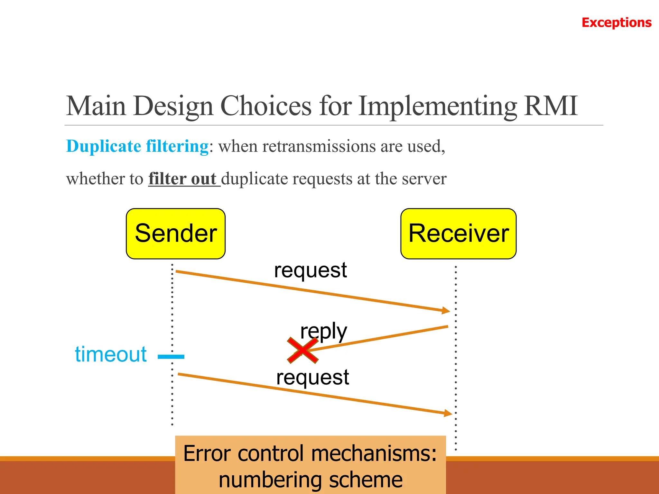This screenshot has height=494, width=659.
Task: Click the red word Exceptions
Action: click(x=616, y=23)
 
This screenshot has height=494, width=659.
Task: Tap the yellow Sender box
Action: click(x=176, y=233)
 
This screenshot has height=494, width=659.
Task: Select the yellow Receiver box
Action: click(x=458, y=233)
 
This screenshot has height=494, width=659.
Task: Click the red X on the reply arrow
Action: click(x=302, y=351)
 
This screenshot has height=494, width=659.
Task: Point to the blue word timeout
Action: click(x=111, y=354)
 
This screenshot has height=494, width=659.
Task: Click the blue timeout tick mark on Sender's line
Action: click(x=171, y=356)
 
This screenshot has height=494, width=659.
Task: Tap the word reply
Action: click(x=323, y=331)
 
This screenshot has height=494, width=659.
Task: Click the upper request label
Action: click(x=310, y=270)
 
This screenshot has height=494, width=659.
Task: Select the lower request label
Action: click(x=312, y=377)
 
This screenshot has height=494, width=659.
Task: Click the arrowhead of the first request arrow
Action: click(x=446, y=310)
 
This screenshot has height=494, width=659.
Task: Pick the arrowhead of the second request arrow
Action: click(x=449, y=413)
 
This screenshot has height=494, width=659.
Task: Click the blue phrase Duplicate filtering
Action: click(x=137, y=146)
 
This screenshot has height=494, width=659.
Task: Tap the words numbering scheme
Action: click(x=311, y=480)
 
